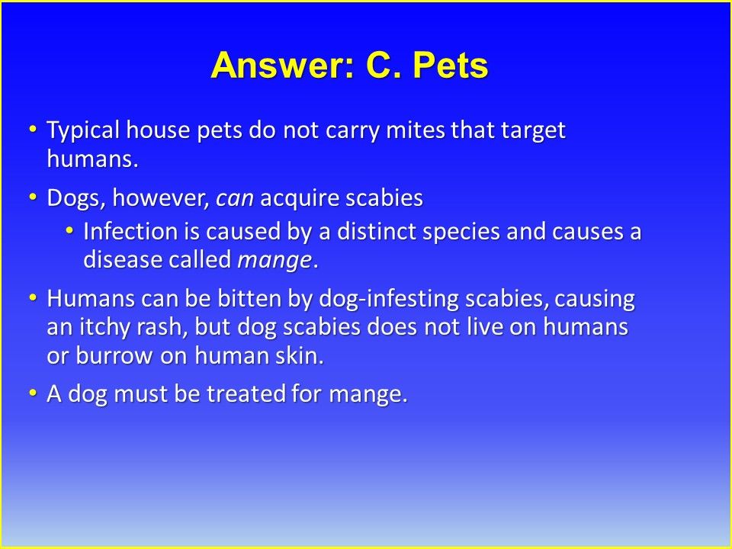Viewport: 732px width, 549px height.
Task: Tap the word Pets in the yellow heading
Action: [x=451, y=65]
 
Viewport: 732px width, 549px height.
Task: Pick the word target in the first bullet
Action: [x=534, y=130]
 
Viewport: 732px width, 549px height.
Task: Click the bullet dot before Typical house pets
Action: [x=32, y=128]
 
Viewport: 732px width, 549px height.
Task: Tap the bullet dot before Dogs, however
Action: [x=32, y=197]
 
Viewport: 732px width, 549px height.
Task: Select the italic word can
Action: [x=234, y=198]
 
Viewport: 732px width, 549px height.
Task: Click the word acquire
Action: [x=299, y=198]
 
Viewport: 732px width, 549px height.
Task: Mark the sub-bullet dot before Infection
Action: [x=69, y=230]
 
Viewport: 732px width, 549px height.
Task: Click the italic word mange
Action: [x=274, y=261]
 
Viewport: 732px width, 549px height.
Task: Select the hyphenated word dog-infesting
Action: [x=388, y=299]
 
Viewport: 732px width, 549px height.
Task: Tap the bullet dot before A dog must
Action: [x=32, y=393]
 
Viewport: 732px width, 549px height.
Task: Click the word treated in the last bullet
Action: [x=246, y=393]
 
